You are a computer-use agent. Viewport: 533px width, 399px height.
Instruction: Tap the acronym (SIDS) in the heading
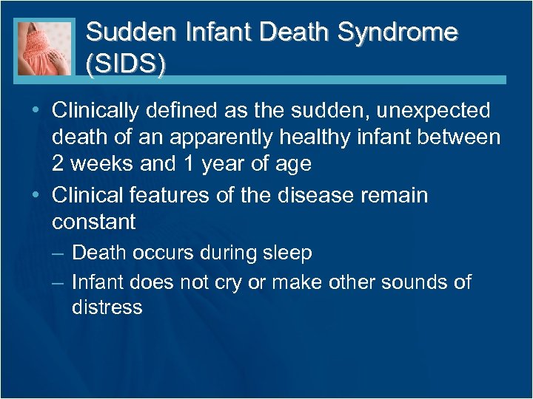click(x=126, y=64)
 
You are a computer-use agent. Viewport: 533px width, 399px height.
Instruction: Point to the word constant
click(x=94, y=222)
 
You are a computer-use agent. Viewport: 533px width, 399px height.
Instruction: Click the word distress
click(x=107, y=307)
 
